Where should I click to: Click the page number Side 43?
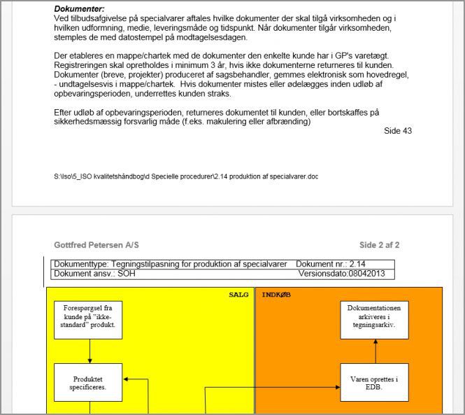tap(398, 131)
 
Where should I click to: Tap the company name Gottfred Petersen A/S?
tap(96, 245)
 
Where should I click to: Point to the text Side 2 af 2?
tap(379, 245)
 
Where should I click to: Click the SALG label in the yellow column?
tap(238, 295)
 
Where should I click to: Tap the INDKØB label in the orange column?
tap(276, 295)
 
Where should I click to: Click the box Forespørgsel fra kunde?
tap(90, 317)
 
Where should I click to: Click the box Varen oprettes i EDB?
tap(374, 383)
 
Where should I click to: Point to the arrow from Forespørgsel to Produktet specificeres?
tap(90, 349)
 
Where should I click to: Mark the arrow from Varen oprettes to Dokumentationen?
tap(375, 349)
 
